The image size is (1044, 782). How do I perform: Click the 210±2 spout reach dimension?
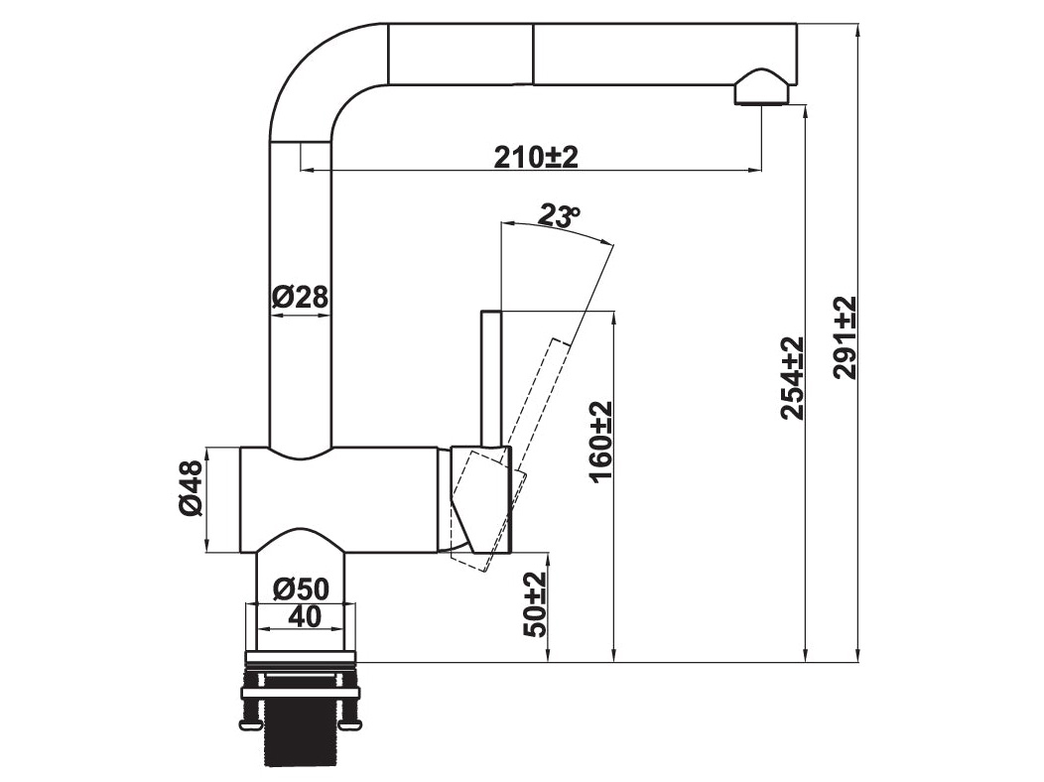[x=536, y=156]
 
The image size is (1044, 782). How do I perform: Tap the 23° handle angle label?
[x=558, y=215]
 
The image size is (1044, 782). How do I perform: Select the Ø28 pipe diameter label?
[x=299, y=296]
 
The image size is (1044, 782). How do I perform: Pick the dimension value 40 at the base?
[x=304, y=616]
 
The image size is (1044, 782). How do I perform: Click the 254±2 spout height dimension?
[x=791, y=377]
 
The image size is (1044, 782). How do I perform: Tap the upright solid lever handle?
[x=490, y=377]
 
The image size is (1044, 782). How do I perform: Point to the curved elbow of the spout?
[x=308, y=74]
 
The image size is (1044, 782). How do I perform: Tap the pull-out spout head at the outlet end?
[x=665, y=55]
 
